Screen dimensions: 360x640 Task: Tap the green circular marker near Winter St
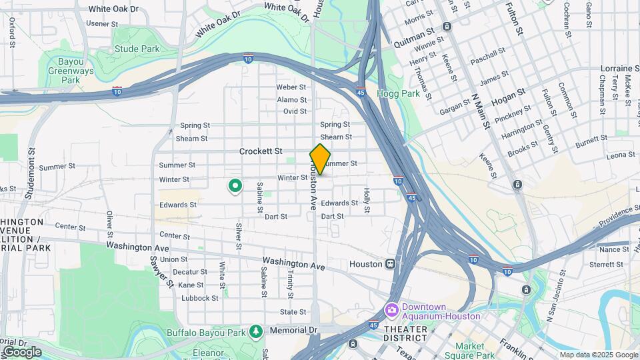[x=235, y=185]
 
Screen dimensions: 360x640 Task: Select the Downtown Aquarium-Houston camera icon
[x=391, y=310]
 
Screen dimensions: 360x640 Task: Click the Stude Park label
[x=137, y=49]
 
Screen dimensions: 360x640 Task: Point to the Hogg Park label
[x=398, y=94]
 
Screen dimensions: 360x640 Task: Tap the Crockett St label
[x=261, y=151]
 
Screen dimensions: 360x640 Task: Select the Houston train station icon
[x=391, y=264]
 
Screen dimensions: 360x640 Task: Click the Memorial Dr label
[x=293, y=330]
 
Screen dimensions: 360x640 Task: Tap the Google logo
[x=21, y=351]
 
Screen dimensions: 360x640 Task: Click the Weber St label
[x=291, y=87]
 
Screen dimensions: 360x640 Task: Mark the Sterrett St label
[x=605, y=265]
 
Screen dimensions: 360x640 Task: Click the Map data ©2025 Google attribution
[x=599, y=355]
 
